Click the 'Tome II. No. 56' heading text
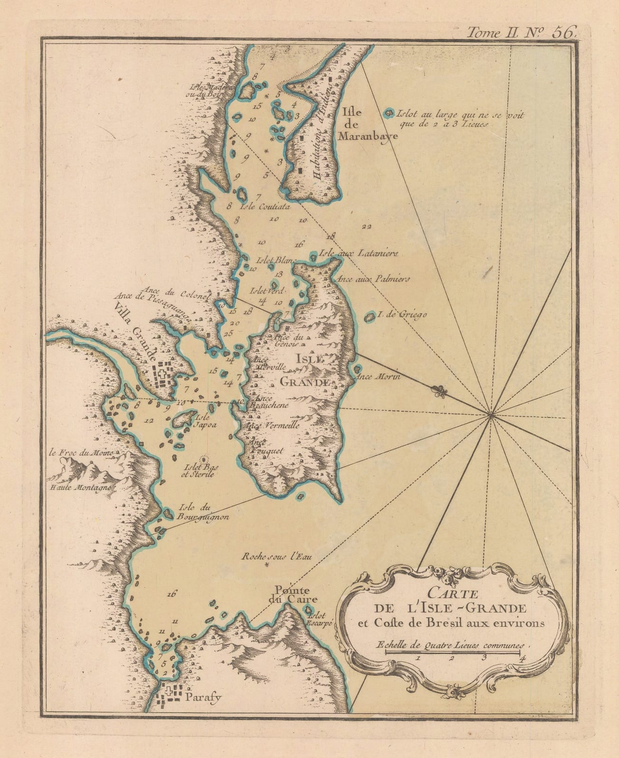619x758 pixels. coord(521,32)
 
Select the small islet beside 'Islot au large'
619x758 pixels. coord(389,113)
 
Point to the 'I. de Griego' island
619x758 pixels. coord(369,317)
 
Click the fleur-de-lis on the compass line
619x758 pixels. coord(438,391)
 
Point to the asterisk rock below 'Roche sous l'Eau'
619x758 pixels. coord(267,566)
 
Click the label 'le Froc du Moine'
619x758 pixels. coord(81,453)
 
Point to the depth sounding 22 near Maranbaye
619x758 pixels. coord(366,226)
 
